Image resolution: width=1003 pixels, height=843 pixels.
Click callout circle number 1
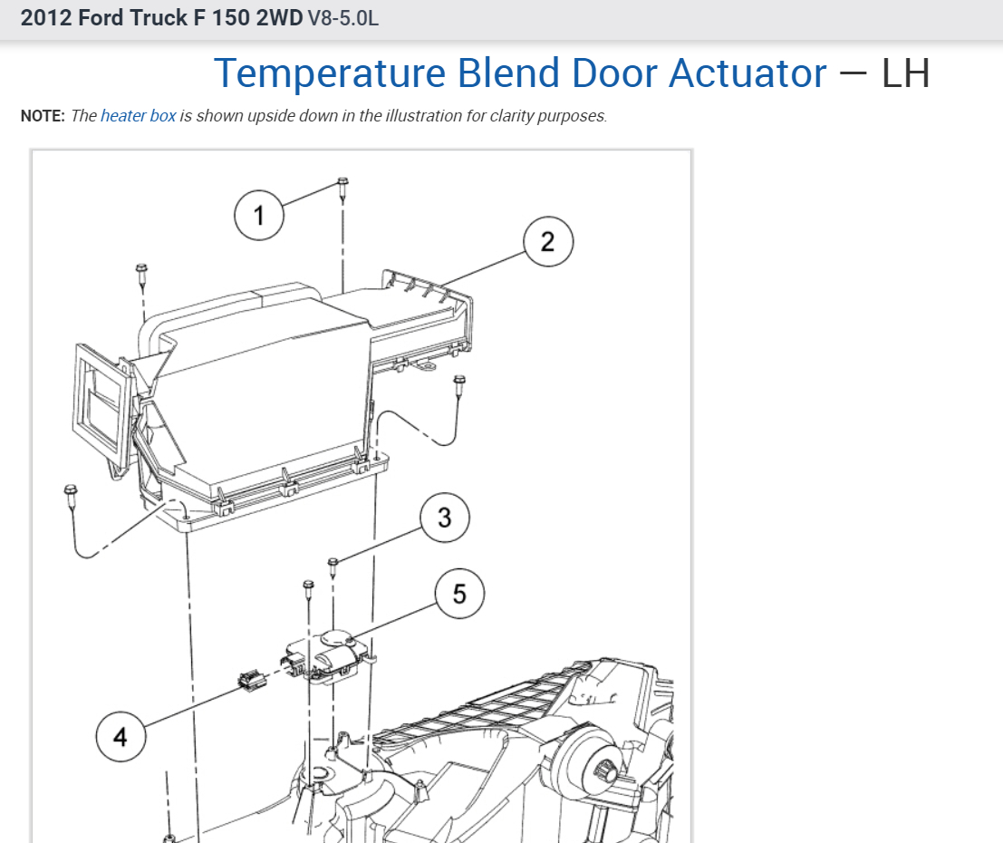pyautogui.click(x=259, y=216)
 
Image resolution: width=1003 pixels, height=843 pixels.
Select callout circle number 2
pyautogui.click(x=547, y=242)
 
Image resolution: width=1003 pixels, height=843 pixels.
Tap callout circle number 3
pyautogui.click(x=444, y=518)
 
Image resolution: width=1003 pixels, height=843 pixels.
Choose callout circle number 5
pyautogui.click(x=459, y=594)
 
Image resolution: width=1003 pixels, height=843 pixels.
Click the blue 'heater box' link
pyautogui.click(x=139, y=116)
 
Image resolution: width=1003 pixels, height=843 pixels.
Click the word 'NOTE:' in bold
pyautogui.click(x=43, y=116)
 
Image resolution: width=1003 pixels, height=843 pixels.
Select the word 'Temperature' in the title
pyautogui.click(x=329, y=73)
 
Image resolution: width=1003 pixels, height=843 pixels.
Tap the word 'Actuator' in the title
pyautogui.click(x=747, y=73)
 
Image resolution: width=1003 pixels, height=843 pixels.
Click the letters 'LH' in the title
pyautogui.click(x=906, y=73)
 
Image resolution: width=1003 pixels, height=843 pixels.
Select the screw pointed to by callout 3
pyautogui.click(x=333, y=564)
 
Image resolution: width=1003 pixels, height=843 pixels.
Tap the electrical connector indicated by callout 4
pyautogui.click(x=251, y=679)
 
